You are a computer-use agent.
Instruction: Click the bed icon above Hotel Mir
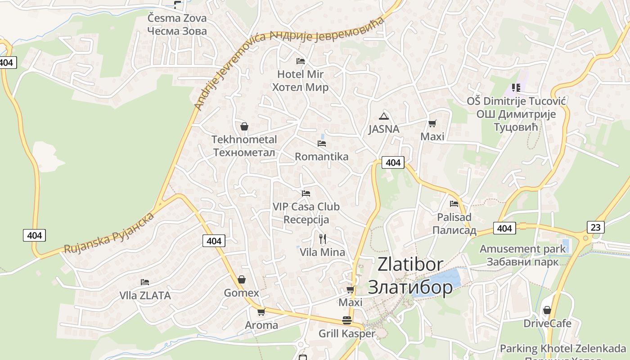[x=300, y=61]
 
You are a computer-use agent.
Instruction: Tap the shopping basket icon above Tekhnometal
[x=244, y=126]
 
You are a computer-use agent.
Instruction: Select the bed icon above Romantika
[x=321, y=144]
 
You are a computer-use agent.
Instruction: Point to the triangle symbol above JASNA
[x=383, y=116]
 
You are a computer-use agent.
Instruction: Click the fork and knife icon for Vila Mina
[x=322, y=238]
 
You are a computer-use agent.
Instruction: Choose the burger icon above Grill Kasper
[x=347, y=320]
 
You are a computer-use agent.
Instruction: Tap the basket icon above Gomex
[x=242, y=279]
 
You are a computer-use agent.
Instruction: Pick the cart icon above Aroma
[x=261, y=311]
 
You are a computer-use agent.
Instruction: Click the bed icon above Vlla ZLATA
[x=144, y=282]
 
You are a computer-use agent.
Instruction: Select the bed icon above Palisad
[x=454, y=203]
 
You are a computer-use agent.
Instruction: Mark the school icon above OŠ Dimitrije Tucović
[x=516, y=87]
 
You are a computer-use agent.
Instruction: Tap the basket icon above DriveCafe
[x=547, y=310]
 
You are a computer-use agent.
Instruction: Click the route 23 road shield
[x=595, y=227]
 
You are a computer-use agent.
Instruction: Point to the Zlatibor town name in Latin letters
[x=410, y=265]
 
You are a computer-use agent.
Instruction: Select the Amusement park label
[x=522, y=249]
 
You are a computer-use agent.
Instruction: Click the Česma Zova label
[x=177, y=18]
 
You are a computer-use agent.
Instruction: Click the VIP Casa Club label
[x=306, y=207]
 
